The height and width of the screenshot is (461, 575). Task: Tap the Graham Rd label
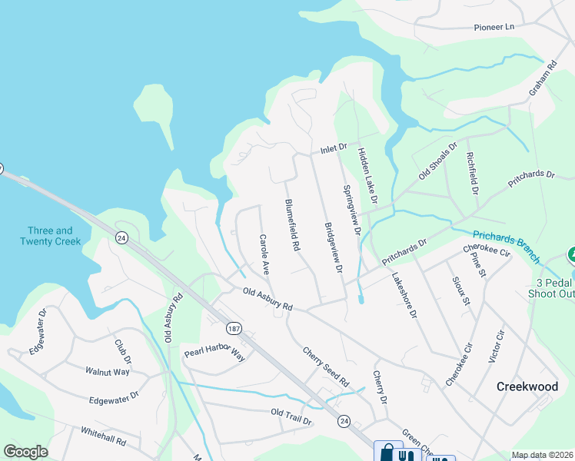pyautogui.click(x=541, y=80)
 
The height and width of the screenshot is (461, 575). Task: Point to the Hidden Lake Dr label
pyautogui.click(x=368, y=176)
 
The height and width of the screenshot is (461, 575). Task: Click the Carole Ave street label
pyautogui.click(x=264, y=255)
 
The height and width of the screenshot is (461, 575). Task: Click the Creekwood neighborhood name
pyautogui.click(x=527, y=386)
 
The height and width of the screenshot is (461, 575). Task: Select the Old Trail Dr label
pyautogui.click(x=291, y=417)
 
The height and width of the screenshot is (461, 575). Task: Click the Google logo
pyautogui.click(x=26, y=452)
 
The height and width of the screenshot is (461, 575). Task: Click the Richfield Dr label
pyautogui.click(x=472, y=174)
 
